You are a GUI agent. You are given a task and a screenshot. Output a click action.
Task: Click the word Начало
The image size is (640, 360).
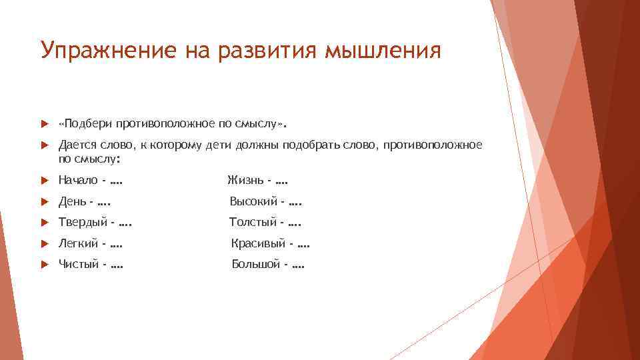77,180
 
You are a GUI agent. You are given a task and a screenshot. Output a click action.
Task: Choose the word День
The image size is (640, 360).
71,201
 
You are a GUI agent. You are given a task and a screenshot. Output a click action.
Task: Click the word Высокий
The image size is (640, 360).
254,201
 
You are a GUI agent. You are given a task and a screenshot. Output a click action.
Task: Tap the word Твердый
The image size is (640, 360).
81,223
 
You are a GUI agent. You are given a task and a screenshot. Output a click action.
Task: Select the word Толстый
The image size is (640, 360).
252,223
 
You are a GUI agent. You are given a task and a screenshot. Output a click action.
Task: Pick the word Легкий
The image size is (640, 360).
79,244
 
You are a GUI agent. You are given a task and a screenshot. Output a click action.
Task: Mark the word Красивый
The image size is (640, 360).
258,244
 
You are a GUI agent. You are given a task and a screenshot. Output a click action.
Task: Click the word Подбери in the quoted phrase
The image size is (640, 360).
88,123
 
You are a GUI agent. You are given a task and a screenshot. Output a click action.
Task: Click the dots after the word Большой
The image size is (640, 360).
297,266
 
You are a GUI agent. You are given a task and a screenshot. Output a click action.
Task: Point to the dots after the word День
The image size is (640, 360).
103,202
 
